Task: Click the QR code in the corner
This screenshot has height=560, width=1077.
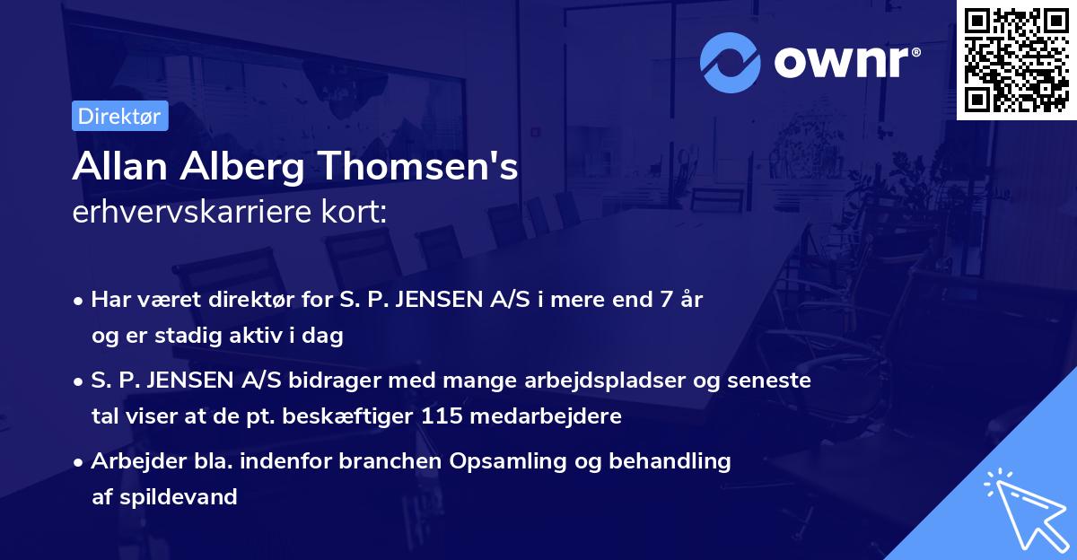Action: pyautogui.click(x=1016, y=60)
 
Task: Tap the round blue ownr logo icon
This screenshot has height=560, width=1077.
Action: pyautogui.click(x=731, y=62)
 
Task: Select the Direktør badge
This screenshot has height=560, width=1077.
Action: pyautogui.click(x=119, y=116)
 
